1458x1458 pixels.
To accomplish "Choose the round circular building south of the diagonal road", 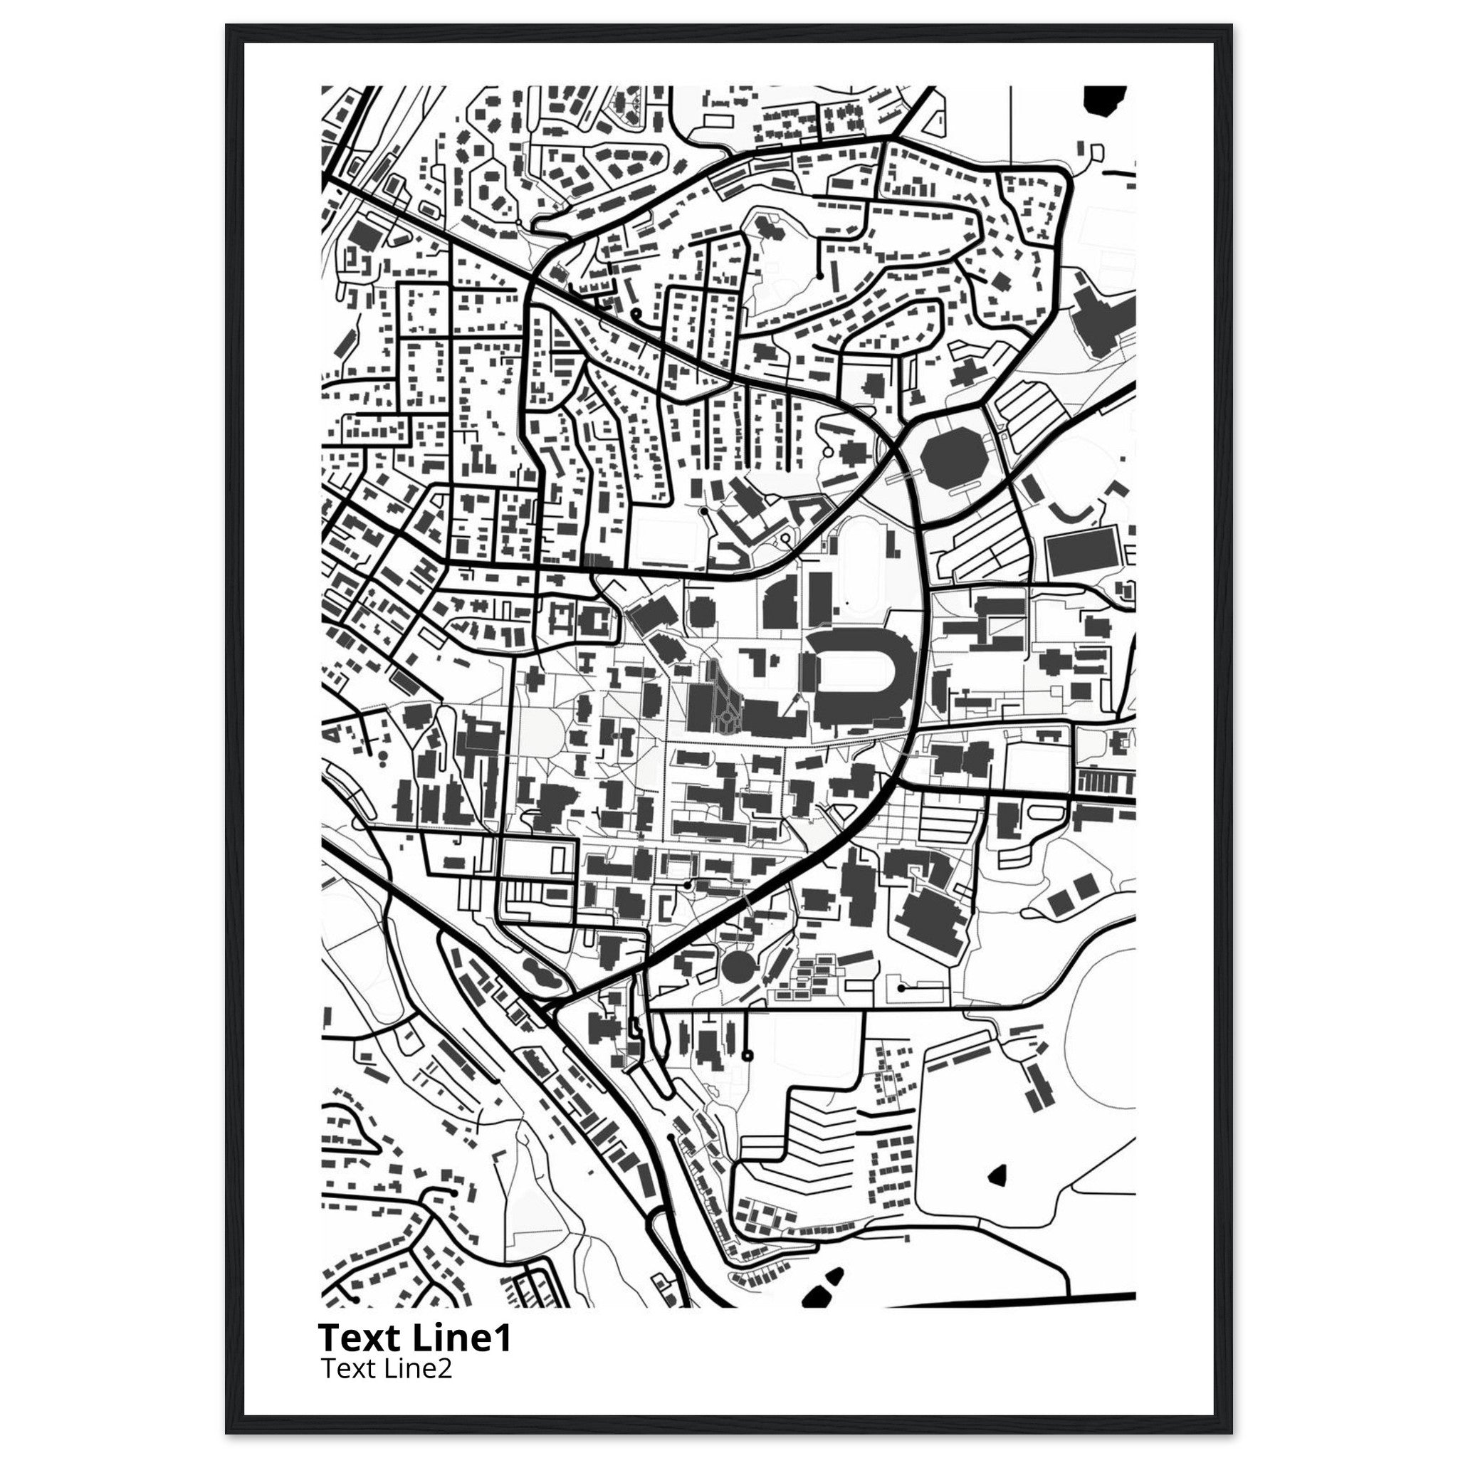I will [x=738, y=966].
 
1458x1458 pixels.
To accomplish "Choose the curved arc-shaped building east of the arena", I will [x=1071, y=513].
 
